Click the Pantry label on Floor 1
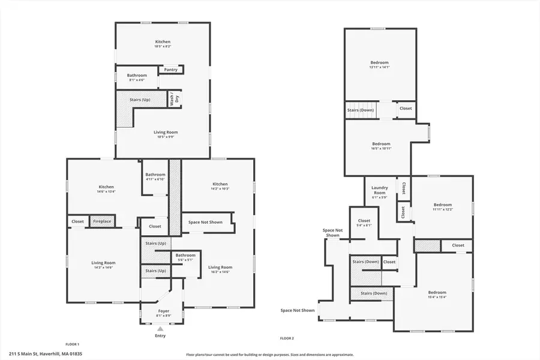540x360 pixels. [x=171, y=70]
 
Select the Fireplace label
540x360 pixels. [x=101, y=221]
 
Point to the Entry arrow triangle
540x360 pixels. [x=160, y=329]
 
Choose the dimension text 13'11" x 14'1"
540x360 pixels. [x=379, y=67]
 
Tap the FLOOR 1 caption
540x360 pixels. [x=73, y=344]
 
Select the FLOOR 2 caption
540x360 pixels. [x=287, y=339]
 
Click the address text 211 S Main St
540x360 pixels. [x=46, y=353]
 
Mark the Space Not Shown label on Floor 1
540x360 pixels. [x=205, y=222]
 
